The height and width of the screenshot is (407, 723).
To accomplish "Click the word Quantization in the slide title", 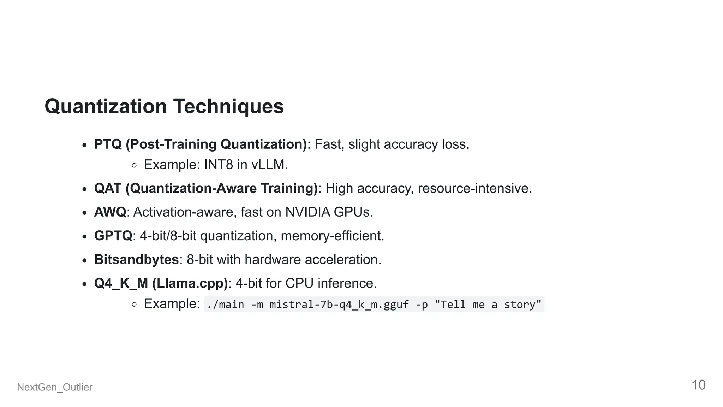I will click(x=106, y=106).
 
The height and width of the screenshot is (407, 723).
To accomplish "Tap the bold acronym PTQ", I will click(x=108, y=144).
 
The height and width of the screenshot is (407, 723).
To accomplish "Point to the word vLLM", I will click(x=269, y=165).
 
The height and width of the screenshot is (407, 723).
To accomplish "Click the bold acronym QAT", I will click(x=108, y=188).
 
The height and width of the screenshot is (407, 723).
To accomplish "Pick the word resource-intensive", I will click(x=474, y=188).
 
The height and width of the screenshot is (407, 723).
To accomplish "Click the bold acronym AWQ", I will click(x=110, y=212).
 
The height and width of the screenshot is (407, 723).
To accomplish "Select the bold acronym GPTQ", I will click(x=113, y=236).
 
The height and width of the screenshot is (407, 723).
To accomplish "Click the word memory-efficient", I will click(x=332, y=236).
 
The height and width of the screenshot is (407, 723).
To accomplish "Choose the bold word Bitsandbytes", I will click(x=136, y=259).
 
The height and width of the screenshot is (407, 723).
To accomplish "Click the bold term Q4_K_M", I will click(x=121, y=283).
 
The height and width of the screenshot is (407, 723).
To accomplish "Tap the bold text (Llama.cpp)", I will click(x=190, y=283).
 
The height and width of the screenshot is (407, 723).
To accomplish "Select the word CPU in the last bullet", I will click(x=299, y=283).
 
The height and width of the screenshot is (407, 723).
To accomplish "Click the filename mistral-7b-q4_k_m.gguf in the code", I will click(x=339, y=305).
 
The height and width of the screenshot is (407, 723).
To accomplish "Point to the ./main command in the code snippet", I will click(x=225, y=305).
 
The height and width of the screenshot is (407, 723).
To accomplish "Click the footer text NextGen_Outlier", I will click(x=55, y=387).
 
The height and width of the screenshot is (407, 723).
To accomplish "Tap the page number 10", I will click(x=698, y=385).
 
